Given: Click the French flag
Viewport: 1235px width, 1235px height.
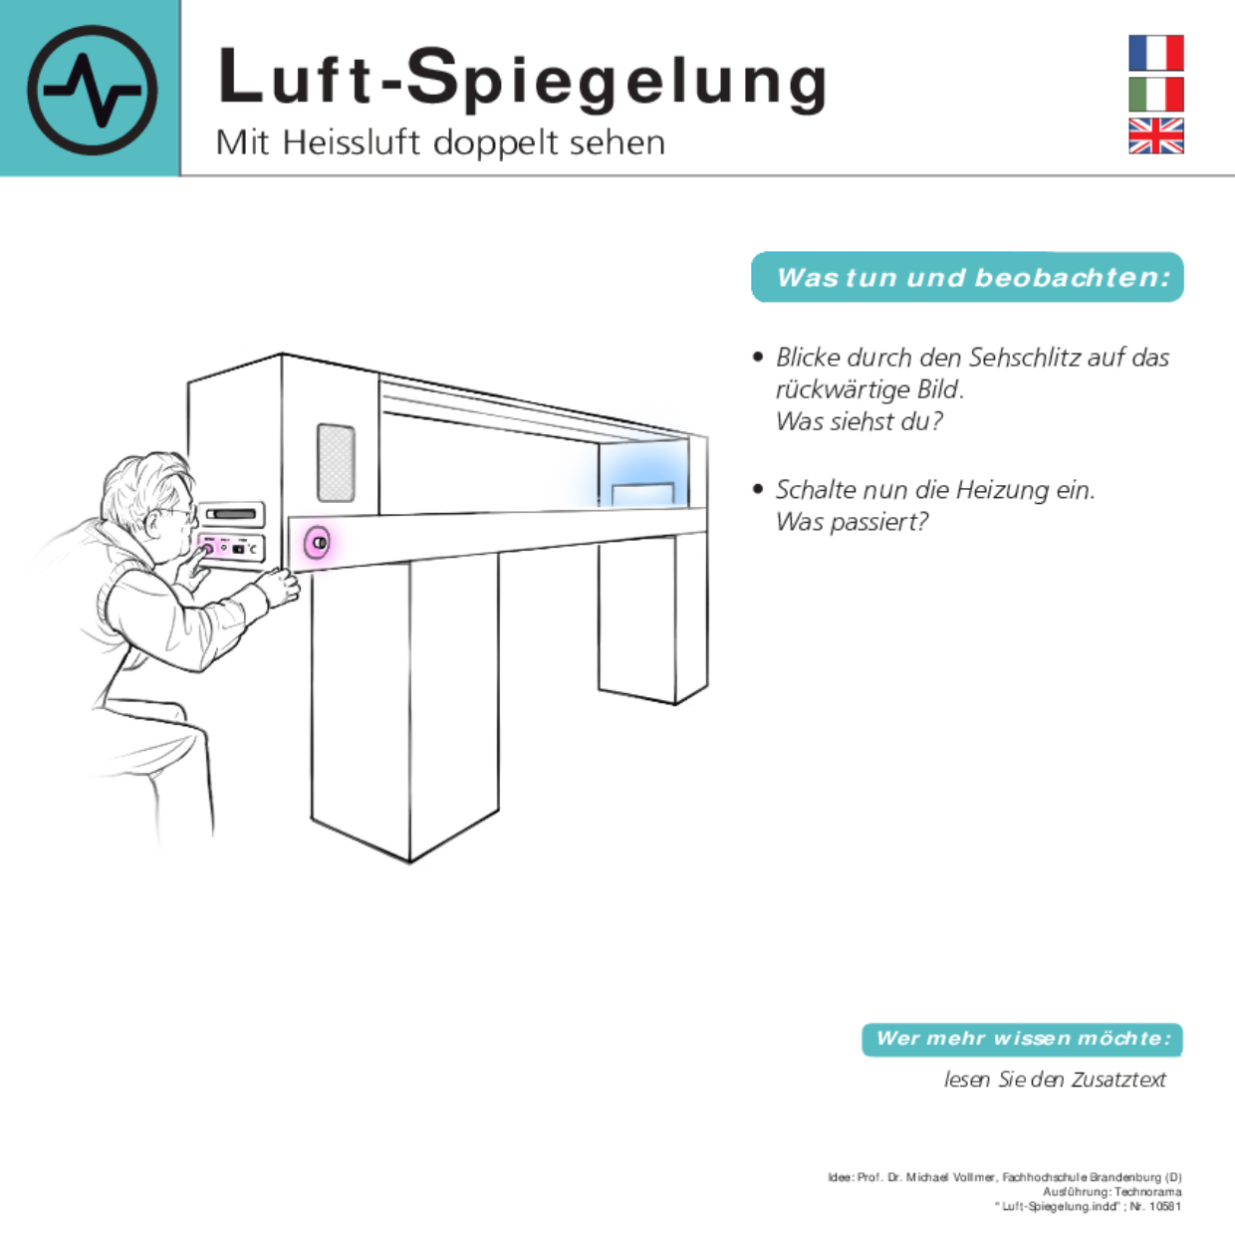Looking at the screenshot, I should coord(1155,53).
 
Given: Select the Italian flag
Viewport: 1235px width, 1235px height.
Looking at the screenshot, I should coord(1155,95).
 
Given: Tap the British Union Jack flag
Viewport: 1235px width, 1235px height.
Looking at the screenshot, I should coord(1155,135).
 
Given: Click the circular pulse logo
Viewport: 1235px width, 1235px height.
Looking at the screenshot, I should coord(92,90).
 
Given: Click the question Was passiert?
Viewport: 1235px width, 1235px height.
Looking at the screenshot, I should coord(852,521).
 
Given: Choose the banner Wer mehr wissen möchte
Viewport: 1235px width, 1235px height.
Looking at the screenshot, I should coord(1022,1039).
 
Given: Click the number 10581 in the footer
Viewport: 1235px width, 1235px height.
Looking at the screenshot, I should coord(1164,1206).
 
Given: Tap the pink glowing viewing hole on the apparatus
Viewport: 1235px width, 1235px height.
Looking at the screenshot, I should coord(318,543).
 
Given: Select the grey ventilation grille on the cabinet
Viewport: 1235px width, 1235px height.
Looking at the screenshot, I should coord(336,462).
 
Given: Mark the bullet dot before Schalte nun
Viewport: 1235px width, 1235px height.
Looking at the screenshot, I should coord(759,489).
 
